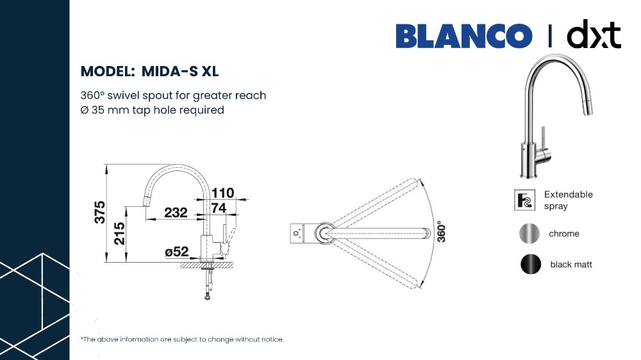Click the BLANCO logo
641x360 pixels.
(464, 36)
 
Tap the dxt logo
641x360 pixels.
(594, 34)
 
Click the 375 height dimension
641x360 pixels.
(100, 212)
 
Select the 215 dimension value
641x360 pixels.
(119, 233)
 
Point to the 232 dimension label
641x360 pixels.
(176, 213)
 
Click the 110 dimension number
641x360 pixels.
(223, 192)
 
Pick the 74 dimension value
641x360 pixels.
(219, 208)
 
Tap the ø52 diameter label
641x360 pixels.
(177, 252)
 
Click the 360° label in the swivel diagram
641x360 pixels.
(441, 232)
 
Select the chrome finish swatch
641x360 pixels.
(529, 234)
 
